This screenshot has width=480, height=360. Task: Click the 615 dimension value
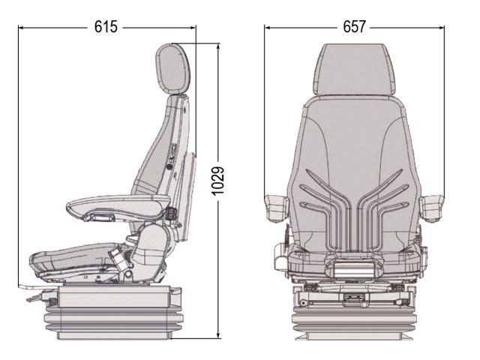pyautogui.click(x=106, y=27)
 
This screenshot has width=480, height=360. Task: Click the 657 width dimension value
pyautogui.click(x=354, y=27)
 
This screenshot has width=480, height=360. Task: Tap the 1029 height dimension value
pyautogui.click(x=218, y=181)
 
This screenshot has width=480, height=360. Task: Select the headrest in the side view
pyautogui.click(x=172, y=69)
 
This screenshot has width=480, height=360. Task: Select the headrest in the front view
pyautogui.click(x=354, y=69)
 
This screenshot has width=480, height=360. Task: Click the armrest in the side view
pyautogui.click(x=118, y=208)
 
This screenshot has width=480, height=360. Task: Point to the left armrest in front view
pyautogui.click(x=277, y=208)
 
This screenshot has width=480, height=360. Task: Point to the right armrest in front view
pyautogui.click(x=432, y=208)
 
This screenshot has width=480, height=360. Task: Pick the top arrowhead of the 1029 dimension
pyautogui.click(x=218, y=46)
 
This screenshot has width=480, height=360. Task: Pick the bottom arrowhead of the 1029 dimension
pyautogui.click(x=218, y=335)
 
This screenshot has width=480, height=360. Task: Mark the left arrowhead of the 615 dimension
pyautogui.click(x=21, y=28)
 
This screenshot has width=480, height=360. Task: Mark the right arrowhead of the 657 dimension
pyautogui.click(x=442, y=28)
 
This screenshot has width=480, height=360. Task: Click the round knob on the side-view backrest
pyautogui.click(x=169, y=166)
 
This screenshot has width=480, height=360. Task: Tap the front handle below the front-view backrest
pyautogui.click(x=354, y=269)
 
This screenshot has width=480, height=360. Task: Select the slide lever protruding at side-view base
pyautogui.click(x=32, y=299)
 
